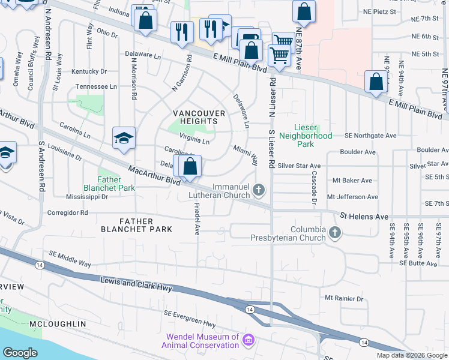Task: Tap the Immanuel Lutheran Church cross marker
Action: point(259,191)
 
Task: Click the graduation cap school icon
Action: point(124,139)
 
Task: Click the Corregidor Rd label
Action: point(67,212)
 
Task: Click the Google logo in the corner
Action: point(20,353)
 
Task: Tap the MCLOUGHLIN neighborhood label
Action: point(58,323)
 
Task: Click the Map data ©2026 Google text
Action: point(411,355)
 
